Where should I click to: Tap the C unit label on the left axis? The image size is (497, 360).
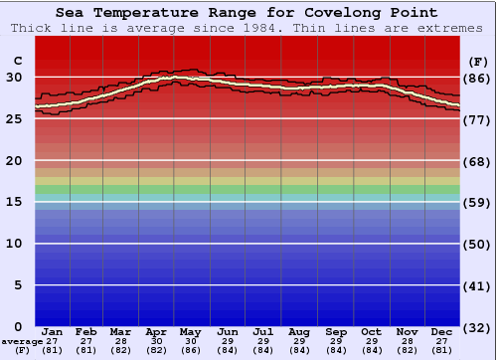16,62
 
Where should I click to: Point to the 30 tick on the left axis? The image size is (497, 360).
15,78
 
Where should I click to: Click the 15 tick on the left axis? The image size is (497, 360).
15,202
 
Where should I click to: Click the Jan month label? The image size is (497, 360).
53,331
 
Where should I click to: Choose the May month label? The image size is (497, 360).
191,331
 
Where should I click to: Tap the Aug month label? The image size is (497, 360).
298,331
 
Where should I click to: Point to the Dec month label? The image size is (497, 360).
442,331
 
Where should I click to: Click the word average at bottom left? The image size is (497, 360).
22,341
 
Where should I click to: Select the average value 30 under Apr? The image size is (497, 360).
156,341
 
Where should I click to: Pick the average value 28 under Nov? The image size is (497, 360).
407,341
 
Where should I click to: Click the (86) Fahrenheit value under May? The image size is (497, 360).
191,350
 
